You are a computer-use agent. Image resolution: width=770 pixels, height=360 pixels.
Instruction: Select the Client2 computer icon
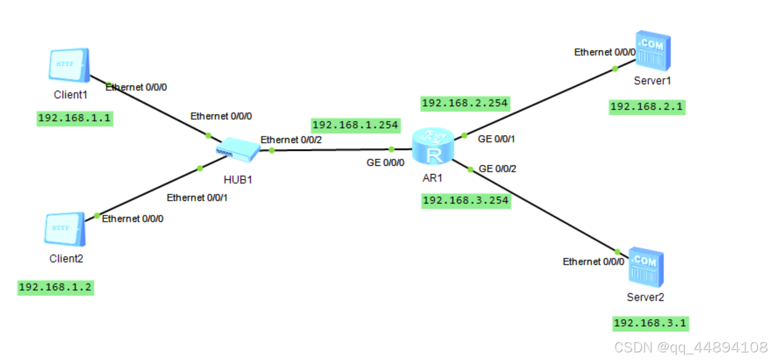pyautogui.click(x=64, y=228)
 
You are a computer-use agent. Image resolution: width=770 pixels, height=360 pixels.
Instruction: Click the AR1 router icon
pyautogui.click(x=433, y=147)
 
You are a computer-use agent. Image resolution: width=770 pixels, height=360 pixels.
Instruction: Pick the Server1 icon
pyautogui.click(x=653, y=52)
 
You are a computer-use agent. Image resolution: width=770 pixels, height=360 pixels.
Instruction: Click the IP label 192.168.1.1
pyautogui.click(x=74, y=119)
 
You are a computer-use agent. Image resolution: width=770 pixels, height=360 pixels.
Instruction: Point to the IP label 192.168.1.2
pyautogui.click(x=56, y=288)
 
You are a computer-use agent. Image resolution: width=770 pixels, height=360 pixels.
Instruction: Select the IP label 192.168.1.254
pyautogui.click(x=355, y=124)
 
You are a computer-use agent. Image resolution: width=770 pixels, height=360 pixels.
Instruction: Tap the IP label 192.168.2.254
pyautogui.click(x=464, y=103)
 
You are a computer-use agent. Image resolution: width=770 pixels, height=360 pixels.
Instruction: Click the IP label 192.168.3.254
pyautogui.click(x=465, y=200)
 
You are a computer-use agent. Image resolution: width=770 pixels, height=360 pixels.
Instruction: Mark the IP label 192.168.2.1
pyautogui.click(x=647, y=107)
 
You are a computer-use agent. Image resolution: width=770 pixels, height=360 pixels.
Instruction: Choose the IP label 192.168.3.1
pyautogui.click(x=651, y=323)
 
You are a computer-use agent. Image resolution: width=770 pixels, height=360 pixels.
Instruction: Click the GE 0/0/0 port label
pyautogui.click(x=385, y=163)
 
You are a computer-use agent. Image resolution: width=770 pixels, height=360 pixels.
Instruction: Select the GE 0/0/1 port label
pyautogui.click(x=497, y=139)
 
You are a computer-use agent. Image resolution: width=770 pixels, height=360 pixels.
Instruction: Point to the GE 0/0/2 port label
pyautogui.click(x=497, y=169)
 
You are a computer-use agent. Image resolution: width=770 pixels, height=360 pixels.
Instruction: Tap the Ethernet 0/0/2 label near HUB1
pyautogui.click(x=291, y=140)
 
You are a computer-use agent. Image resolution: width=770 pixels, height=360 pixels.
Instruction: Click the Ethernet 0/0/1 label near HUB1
pyautogui.click(x=197, y=198)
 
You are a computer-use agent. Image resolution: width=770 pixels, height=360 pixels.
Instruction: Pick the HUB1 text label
pyautogui.click(x=238, y=179)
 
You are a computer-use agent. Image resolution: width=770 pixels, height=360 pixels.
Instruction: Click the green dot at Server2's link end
pyautogui.click(x=618, y=251)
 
